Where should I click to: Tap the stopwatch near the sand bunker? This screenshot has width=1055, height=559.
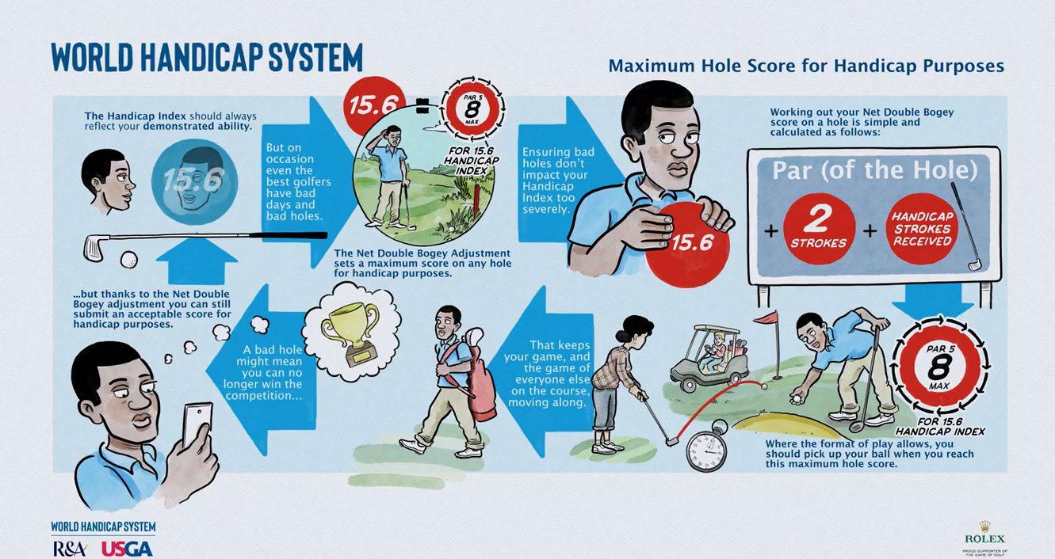coord(707,445)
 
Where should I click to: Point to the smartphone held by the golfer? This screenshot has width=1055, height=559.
coord(197,424)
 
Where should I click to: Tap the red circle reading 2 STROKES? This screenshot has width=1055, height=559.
coord(819,229)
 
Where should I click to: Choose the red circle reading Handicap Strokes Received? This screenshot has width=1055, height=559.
coord(922,229)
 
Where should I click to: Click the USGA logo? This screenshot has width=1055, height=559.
coord(127,549)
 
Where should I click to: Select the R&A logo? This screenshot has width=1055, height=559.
coord(70,549)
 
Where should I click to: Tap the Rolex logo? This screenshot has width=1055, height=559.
coord(984,538)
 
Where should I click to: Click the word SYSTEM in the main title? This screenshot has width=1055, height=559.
coord(315,58)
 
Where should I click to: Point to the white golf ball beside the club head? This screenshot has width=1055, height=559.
coord(129,260)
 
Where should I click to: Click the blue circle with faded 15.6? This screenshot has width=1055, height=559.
coord(194,182)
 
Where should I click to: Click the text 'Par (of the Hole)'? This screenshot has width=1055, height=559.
coord(874,171)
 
